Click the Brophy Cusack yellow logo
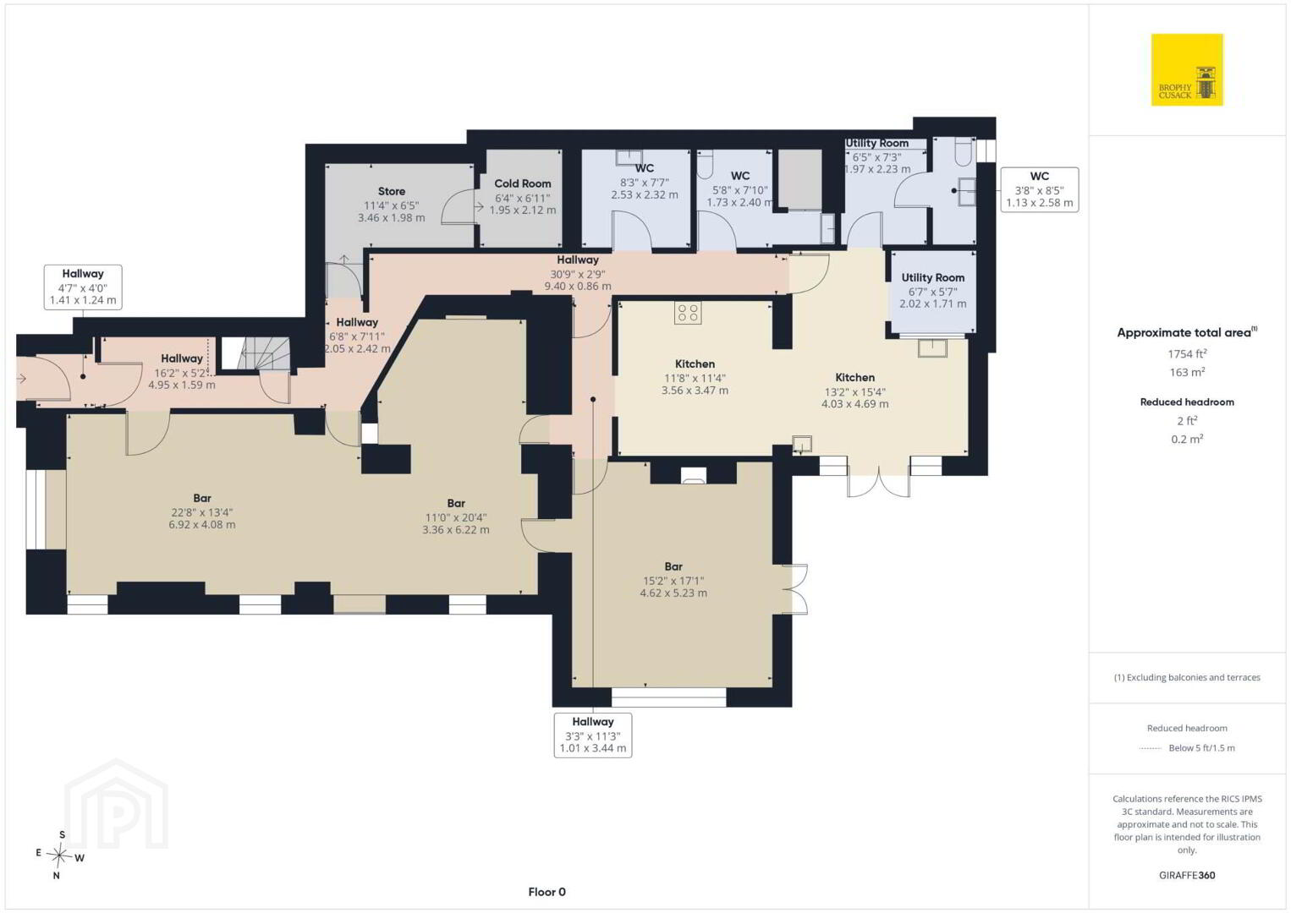(x=1187, y=69)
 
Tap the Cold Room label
(x=523, y=183)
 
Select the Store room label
(x=392, y=191)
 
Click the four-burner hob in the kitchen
(x=688, y=313)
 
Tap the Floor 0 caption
(x=547, y=892)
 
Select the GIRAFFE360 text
(x=1187, y=876)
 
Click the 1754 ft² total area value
(x=1187, y=353)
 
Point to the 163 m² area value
(x=1187, y=372)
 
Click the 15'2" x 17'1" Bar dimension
(x=673, y=581)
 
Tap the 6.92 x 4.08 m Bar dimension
(x=201, y=525)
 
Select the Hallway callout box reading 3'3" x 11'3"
(x=592, y=735)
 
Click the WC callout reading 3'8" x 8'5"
(x=1039, y=189)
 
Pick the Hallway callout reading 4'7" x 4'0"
(x=82, y=287)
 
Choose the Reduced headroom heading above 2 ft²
(x=1187, y=402)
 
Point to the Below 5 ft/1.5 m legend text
(x=1201, y=747)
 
